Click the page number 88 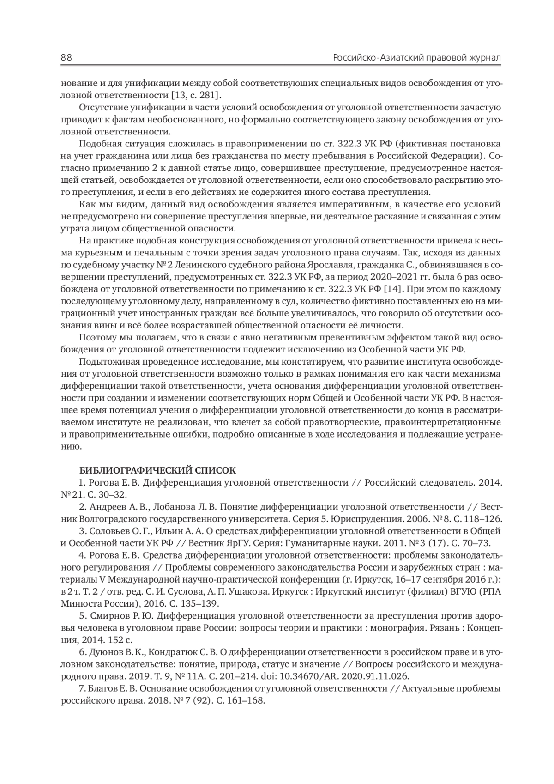(66, 58)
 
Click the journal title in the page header (417, 58)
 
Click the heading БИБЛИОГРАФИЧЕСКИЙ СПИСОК (157, 470)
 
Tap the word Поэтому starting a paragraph (95, 337)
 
